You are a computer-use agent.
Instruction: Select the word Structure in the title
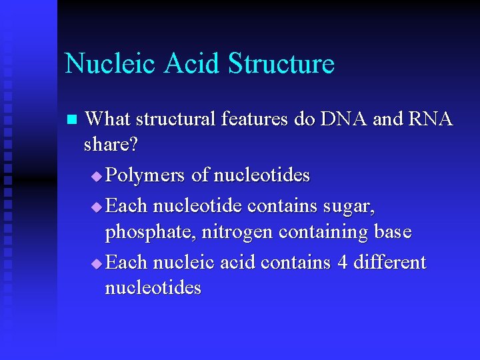pyautogui.click(x=281, y=63)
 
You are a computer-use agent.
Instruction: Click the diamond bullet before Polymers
pyautogui.click(x=97, y=177)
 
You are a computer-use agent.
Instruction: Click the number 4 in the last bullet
pyautogui.click(x=343, y=262)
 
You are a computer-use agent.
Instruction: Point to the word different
pyautogui.click(x=390, y=262)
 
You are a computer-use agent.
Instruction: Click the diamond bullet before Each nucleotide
pyautogui.click(x=97, y=207)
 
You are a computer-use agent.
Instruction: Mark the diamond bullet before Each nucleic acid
pyautogui.click(x=97, y=264)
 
